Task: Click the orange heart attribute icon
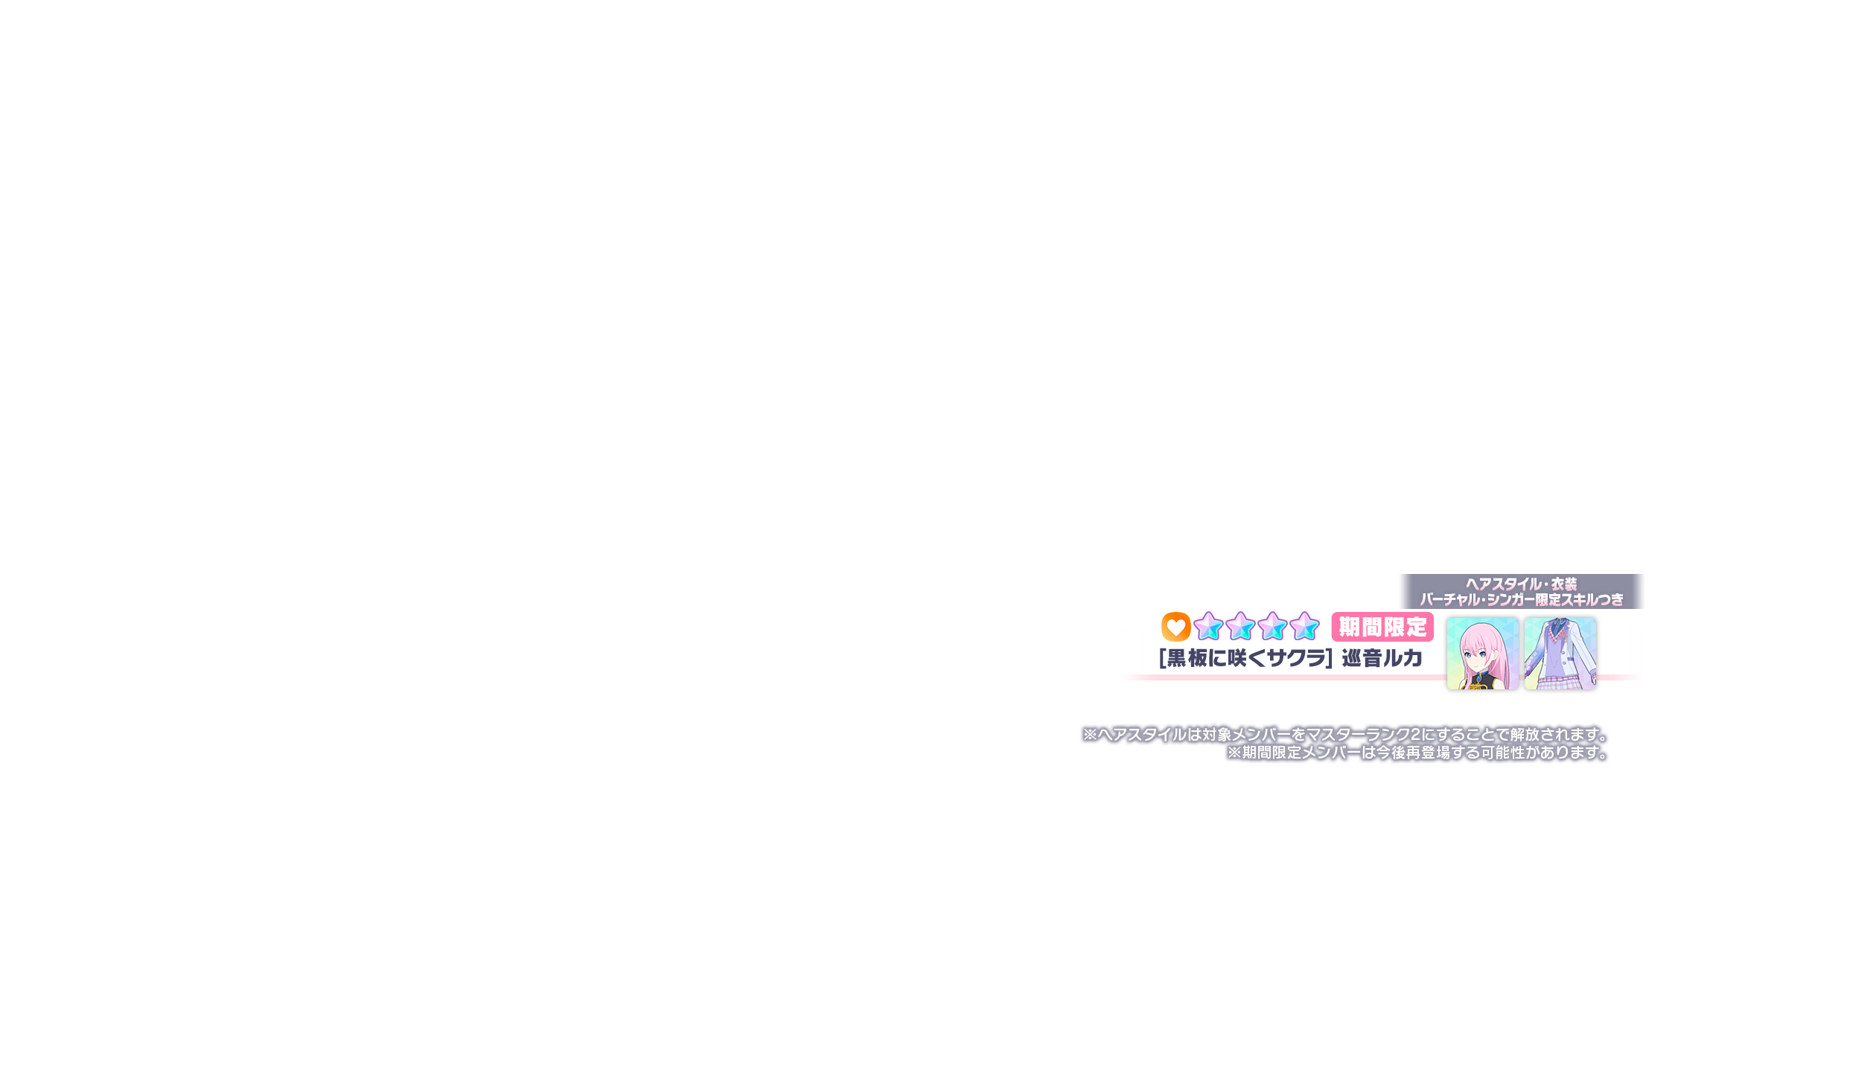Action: [1175, 627]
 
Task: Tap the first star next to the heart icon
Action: [1208, 627]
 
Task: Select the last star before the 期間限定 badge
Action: [1304, 627]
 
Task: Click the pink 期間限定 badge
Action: [1382, 628]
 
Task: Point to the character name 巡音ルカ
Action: [1382, 658]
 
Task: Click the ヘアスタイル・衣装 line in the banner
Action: [1521, 584]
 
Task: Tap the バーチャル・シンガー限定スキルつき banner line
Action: [1521, 600]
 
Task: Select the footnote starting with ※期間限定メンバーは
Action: [1417, 753]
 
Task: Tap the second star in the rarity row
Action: [1240, 627]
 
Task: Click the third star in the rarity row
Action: [1272, 627]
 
